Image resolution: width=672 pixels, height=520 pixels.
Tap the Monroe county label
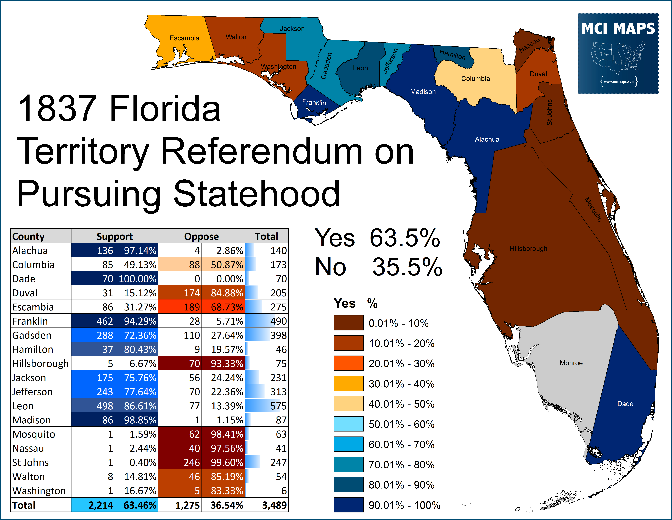[571, 363]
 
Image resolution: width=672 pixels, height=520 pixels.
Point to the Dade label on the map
[625, 404]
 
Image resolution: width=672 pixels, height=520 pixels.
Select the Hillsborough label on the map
[528, 249]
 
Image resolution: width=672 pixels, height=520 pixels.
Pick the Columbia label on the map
[475, 79]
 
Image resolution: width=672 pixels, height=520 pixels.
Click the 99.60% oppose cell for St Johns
[227, 462]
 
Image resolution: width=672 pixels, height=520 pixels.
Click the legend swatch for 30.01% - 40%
[348, 384]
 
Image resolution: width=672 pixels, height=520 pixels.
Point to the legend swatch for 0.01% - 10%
[348, 323]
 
